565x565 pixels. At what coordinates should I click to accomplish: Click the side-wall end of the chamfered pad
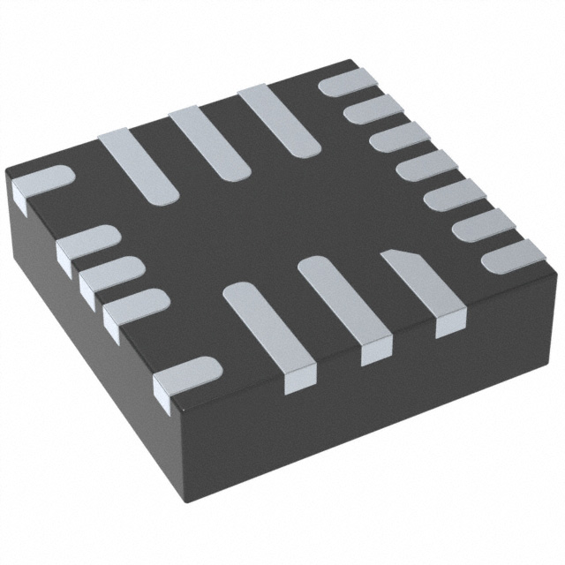(x=449, y=328)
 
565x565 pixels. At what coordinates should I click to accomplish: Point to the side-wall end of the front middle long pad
(x=374, y=354)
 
